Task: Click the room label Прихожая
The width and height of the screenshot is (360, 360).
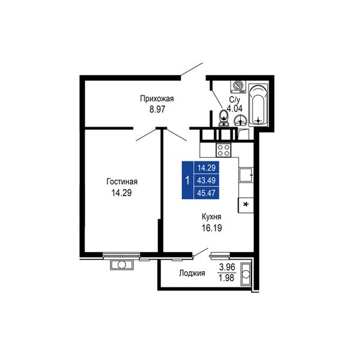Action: (157, 99)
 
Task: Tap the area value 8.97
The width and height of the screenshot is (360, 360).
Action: (157, 109)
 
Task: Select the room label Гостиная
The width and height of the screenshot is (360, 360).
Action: (122, 182)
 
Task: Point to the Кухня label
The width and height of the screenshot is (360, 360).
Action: (211, 217)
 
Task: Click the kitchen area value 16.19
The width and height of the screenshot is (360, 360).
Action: (212, 228)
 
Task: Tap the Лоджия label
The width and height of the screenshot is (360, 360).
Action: (192, 273)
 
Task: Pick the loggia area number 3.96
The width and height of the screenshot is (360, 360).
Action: (227, 267)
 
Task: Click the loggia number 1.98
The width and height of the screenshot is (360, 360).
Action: (226, 278)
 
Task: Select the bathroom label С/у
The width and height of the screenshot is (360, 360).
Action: (235, 100)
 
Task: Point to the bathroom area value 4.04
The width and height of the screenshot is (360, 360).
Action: (235, 109)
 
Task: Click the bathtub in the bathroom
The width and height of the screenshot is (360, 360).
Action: (258, 104)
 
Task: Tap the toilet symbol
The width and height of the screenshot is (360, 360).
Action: (223, 118)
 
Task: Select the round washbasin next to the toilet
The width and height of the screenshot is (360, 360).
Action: (241, 121)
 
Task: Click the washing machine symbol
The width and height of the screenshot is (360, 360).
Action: (238, 86)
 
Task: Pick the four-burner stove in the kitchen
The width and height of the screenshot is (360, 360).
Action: (223, 150)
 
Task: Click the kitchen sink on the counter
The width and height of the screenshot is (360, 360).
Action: (245, 175)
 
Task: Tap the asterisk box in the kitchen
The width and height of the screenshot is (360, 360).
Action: (245, 205)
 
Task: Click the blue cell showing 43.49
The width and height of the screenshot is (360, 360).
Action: (206, 180)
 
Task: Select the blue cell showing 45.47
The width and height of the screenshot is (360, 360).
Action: (206, 193)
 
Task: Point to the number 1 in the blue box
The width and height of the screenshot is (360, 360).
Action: (188, 181)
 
